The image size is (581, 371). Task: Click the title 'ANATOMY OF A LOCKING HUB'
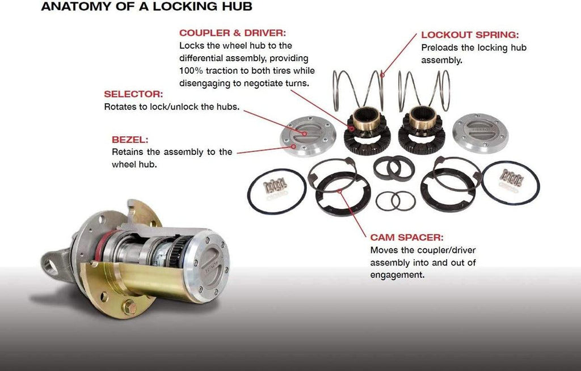pos(146,7)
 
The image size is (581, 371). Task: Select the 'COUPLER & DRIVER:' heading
pos(233,33)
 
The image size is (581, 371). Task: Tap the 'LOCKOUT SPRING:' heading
pos(470,35)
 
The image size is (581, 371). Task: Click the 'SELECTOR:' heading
pos(133,94)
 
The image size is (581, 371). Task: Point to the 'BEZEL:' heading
pos(130,140)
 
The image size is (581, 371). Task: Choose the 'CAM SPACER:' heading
pos(407,237)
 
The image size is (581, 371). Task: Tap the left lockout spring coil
pos(359,90)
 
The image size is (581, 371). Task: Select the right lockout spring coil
pos(424,90)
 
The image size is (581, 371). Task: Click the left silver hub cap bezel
pos(308,136)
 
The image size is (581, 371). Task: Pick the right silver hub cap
pos(480,132)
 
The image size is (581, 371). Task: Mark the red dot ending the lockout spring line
pos(382,75)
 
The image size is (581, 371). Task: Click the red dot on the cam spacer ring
pos(340,191)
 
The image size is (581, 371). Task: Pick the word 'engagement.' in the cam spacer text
pos(397,275)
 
